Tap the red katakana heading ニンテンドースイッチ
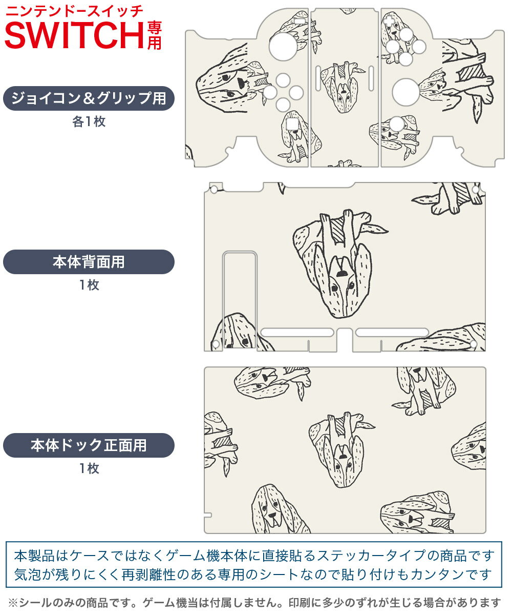pyautogui.click(x=75, y=10)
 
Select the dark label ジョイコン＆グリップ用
pyautogui.click(x=89, y=98)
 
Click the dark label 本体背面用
pyautogui.click(x=89, y=262)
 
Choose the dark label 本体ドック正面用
pyautogui.click(x=89, y=445)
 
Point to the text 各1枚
pyautogui.click(x=89, y=122)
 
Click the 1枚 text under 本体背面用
pyautogui.click(x=89, y=285)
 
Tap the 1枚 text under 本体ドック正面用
pyautogui.click(x=89, y=468)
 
